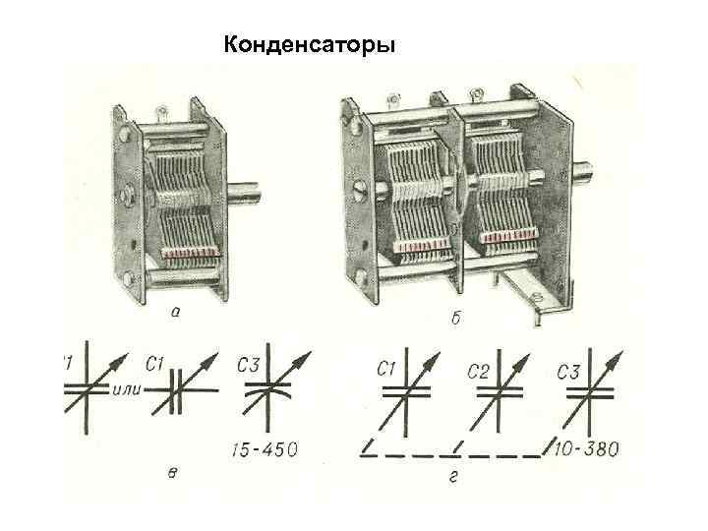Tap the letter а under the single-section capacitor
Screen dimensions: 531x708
click(x=174, y=314)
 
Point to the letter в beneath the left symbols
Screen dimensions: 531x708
click(x=173, y=474)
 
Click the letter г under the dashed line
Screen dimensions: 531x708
click(x=454, y=479)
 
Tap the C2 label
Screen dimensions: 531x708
click(x=478, y=371)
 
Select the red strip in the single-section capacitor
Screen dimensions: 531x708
click(x=191, y=255)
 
